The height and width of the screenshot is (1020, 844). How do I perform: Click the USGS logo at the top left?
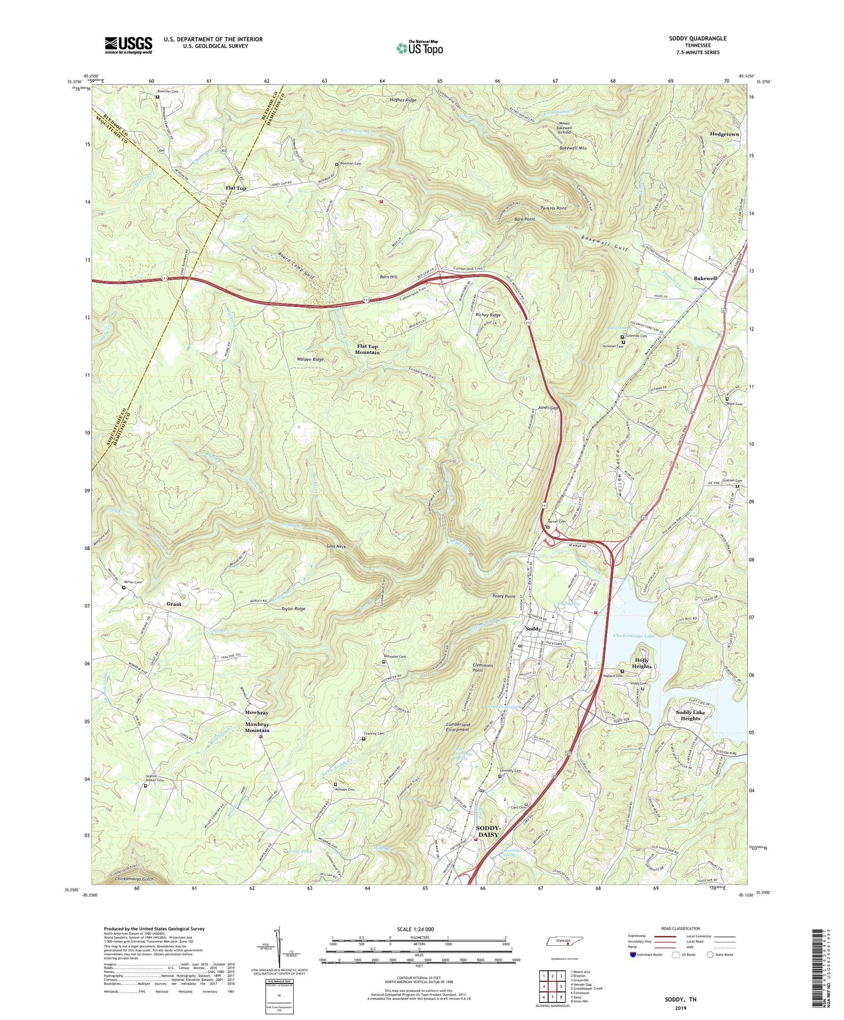(128, 45)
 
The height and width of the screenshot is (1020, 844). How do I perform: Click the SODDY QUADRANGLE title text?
(698, 38)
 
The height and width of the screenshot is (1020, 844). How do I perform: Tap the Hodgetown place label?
(724, 135)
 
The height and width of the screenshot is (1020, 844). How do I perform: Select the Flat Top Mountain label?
(367, 349)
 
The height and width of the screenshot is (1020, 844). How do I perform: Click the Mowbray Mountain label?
(257, 727)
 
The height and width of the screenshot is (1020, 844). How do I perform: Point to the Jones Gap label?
(547, 407)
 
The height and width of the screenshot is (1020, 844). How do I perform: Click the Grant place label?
(174, 604)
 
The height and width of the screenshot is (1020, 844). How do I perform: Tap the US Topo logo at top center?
(419, 48)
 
